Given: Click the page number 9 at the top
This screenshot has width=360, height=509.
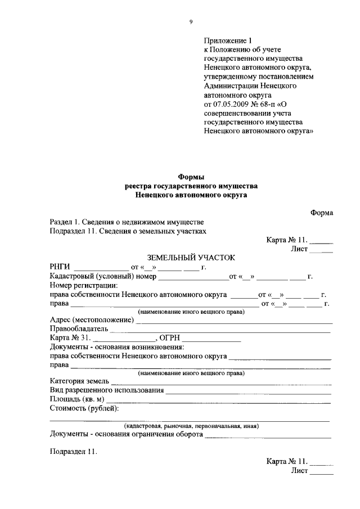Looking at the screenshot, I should (191, 21).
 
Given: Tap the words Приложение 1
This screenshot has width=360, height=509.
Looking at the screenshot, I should (229, 40).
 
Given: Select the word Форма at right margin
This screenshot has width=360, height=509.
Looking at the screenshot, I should (321, 213).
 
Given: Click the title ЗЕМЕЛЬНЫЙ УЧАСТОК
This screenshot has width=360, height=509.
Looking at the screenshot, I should (190, 257).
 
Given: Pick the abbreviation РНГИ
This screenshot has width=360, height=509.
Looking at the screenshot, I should (60, 267).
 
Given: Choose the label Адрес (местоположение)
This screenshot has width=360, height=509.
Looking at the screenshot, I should (92, 320).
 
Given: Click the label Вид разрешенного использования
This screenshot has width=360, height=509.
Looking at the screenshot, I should (107, 390).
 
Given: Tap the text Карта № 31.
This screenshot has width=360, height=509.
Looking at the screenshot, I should (70, 338).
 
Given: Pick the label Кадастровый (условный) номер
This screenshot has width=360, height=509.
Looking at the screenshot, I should (102, 276).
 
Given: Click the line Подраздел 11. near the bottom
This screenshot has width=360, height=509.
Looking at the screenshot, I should (73, 451).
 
